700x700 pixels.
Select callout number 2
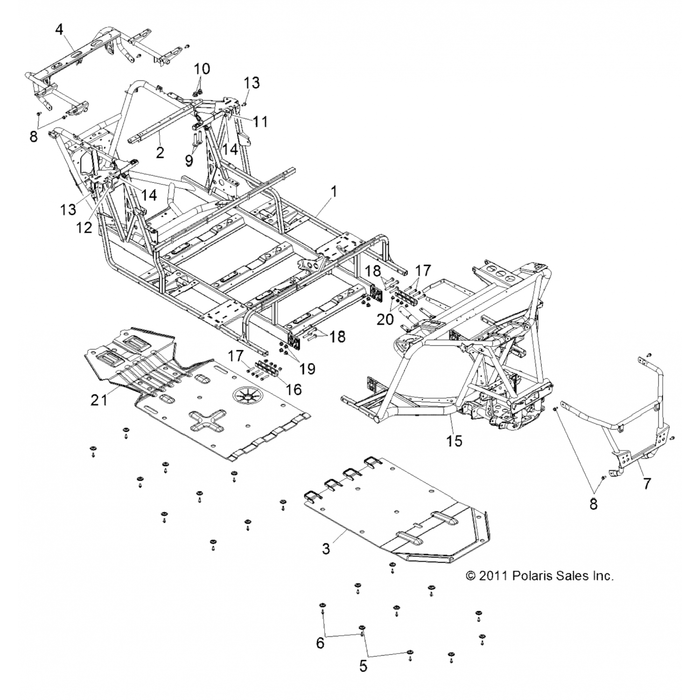pyautogui.click(x=160, y=152)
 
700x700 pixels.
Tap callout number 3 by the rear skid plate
pyautogui.click(x=326, y=548)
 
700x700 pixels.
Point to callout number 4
pyautogui.click(x=59, y=29)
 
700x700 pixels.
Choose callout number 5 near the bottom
pyautogui.click(x=363, y=666)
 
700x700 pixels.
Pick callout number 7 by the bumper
pyautogui.click(x=646, y=484)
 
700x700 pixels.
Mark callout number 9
pyautogui.click(x=189, y=161)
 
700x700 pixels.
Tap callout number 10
pyautogui.click(x=202, y=69)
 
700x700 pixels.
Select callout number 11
pyautogui.click(x=260, y=122)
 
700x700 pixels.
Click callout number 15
pyautogui.click(x=454, y=440)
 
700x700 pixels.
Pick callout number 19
pyautogui.click(x=308, y=369)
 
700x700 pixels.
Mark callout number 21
pyautogui.click(x=99, y=399)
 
